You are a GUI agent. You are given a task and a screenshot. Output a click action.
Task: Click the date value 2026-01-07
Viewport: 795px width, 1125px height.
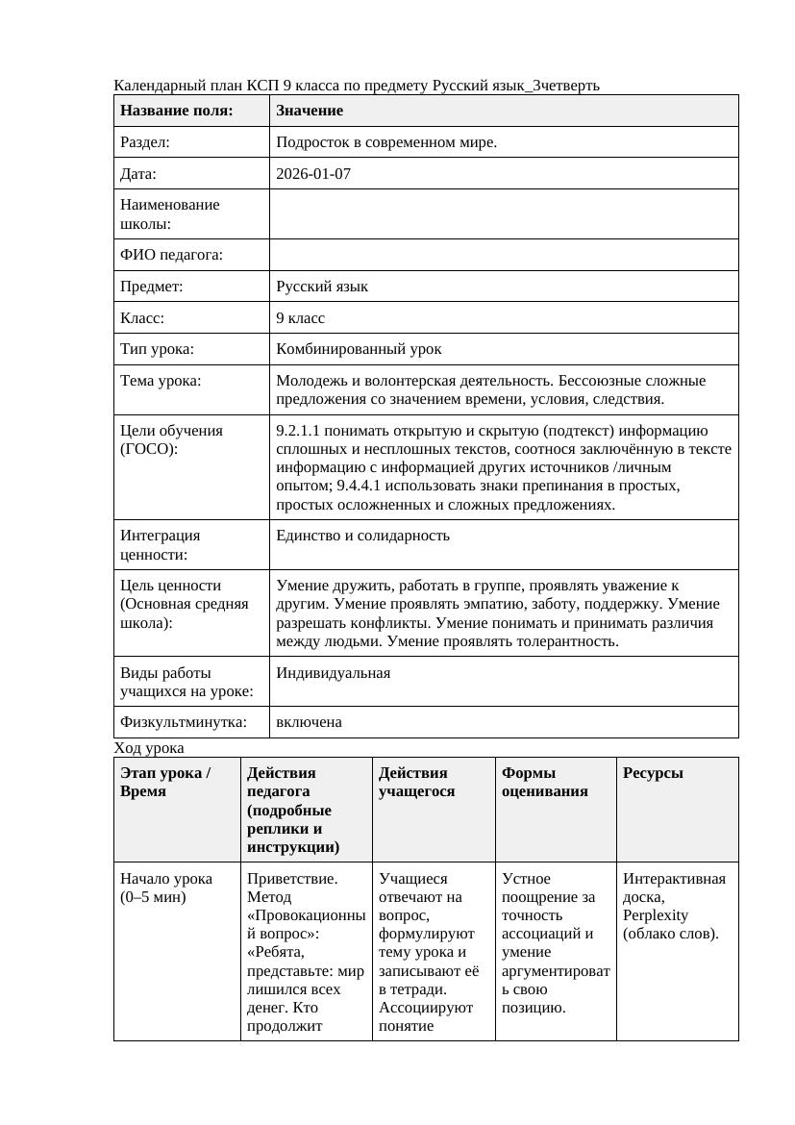click(312, 174)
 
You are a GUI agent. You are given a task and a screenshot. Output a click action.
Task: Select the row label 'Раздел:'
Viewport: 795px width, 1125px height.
click(145, 142)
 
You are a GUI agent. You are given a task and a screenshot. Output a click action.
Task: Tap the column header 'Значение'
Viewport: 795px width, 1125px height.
click(310, 111)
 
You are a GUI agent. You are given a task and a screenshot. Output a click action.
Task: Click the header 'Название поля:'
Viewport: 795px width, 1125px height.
click(177, 111)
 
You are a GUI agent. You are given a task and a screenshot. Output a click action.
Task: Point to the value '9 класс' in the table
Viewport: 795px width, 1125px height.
click(300, 317)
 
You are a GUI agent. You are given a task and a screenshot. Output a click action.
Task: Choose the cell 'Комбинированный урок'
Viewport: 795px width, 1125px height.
click(359, 349)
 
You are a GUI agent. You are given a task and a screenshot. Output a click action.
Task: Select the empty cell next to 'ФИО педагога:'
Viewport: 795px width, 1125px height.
click(504, 255)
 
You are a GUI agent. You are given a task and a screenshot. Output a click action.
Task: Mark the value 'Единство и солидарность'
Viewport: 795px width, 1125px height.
click(362, 536)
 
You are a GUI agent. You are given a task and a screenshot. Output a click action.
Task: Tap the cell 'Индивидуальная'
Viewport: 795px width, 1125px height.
click(333, 673)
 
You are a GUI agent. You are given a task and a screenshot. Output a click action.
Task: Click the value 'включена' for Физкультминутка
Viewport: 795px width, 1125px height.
click(309, 722)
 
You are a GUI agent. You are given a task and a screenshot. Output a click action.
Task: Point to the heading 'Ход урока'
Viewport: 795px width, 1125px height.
click(149, 748)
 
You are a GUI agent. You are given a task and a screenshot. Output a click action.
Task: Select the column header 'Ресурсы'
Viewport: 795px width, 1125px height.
click(653, 773)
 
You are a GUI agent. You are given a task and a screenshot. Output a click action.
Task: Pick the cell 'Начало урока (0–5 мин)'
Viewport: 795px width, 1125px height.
click(166, 887)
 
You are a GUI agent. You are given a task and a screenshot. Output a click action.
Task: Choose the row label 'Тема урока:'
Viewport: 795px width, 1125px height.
click(161, 381)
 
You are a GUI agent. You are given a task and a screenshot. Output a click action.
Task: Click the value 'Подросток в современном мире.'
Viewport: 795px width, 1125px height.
click(386, 142)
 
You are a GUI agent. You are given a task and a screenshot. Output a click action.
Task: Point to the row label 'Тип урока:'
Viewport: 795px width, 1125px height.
click(157, 349)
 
